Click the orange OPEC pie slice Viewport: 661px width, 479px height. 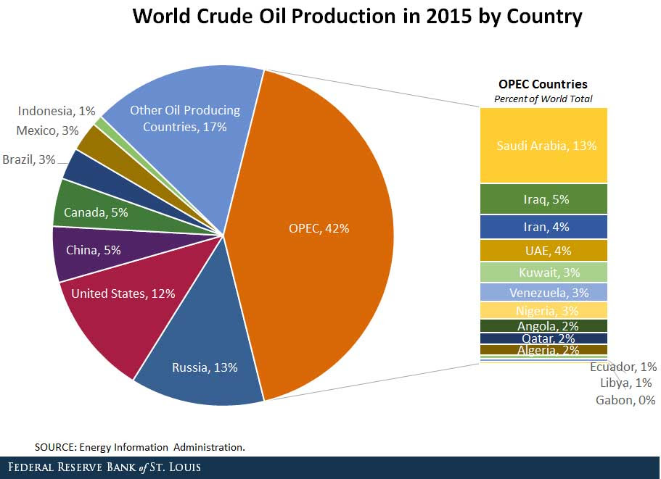(319, 228)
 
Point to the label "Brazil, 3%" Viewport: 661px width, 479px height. (28, 159)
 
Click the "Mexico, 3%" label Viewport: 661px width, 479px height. (46, 130)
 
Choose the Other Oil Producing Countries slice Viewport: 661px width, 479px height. (184, 118)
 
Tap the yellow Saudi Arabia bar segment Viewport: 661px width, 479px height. (543, 145)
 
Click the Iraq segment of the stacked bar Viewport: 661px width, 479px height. (543, 199)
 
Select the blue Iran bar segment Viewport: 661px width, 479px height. (543, 227)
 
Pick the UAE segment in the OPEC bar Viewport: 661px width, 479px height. (543, 251)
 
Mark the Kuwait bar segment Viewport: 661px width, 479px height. (543, 272)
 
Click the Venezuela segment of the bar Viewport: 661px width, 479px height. (543, 293)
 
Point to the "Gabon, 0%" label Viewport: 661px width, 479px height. (625, 400)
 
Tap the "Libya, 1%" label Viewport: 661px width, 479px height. (625, 383)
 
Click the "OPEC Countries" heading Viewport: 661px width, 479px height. (543, 84)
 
